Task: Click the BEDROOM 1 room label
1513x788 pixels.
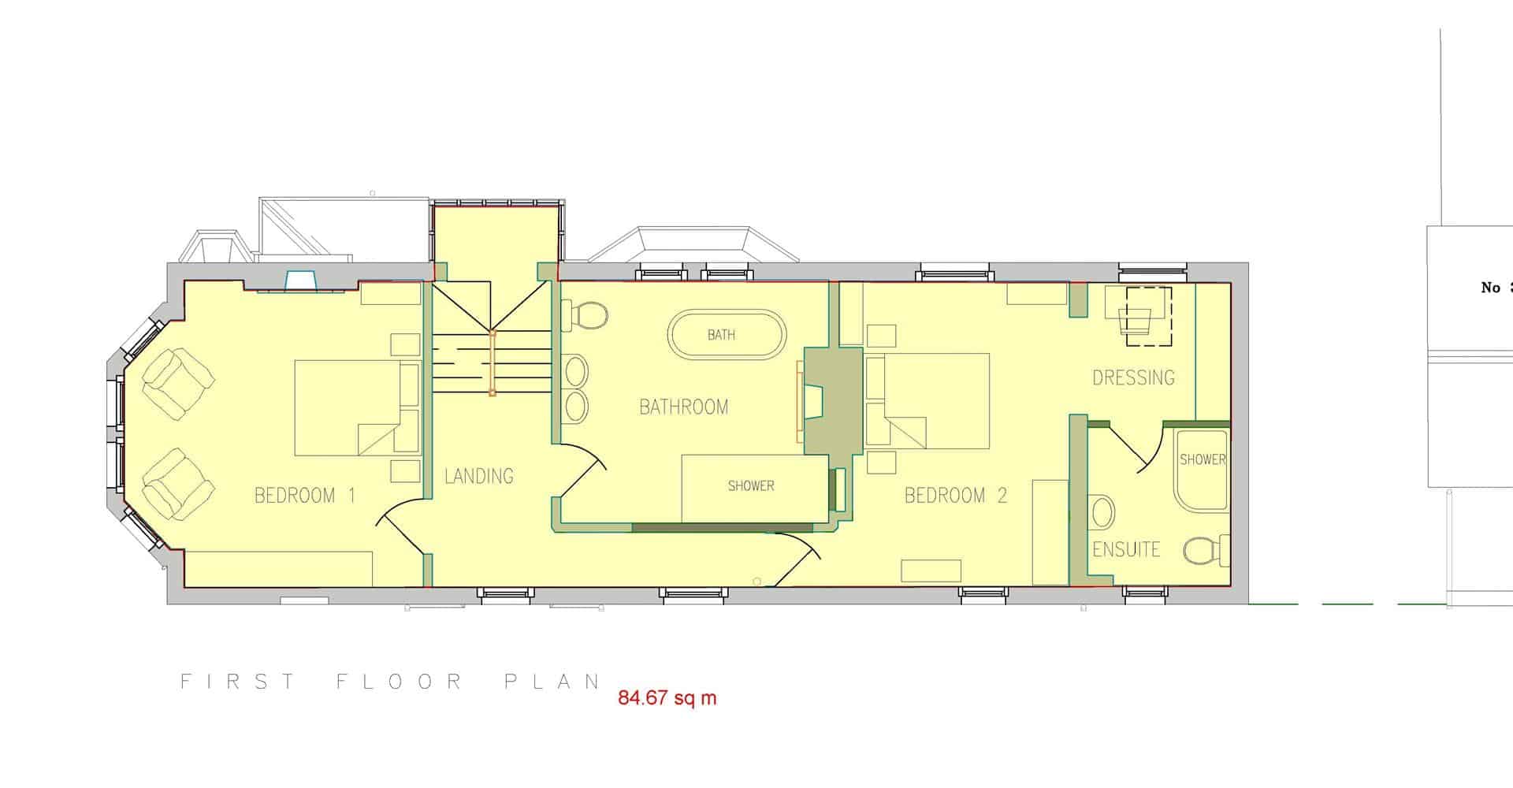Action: click(305, 496)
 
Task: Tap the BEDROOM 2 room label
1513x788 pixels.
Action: click(956, 496)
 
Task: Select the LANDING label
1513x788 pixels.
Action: click(479, 476)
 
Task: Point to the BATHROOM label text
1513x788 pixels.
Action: click(684, 407)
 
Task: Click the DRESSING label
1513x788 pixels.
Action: click(1133, 377)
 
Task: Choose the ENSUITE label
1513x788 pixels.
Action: click(1126, 549)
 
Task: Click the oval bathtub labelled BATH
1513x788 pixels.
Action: click(727, 336)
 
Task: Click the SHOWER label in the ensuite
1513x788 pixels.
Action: click(1203, 459)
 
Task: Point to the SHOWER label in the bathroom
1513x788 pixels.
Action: click(751, 486)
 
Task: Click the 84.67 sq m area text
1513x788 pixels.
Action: click(667, 698)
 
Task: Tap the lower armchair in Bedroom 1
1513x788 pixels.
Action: click(178, 485)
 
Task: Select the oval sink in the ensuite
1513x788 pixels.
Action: click(1103, 513)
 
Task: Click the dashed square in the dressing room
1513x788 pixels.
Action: click(1148, 316)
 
